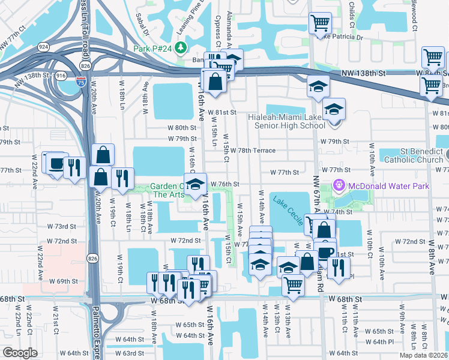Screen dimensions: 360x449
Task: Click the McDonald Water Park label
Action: coord(388,187)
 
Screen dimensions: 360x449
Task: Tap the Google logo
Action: coord(20,353)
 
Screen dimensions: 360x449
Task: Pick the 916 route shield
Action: coord(61,76)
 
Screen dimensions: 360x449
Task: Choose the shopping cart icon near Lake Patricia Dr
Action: coord(320,23)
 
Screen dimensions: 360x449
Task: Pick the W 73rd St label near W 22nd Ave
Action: coord(65,227)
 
